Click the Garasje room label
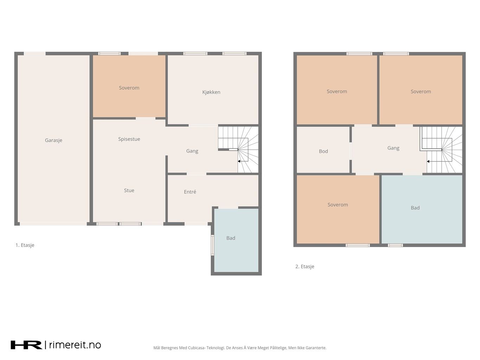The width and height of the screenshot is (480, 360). coord(53,140)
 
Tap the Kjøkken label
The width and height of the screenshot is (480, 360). coord(211,92)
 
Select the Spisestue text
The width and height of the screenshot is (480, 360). coord(129,139)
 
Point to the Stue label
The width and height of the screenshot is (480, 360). coord(129,191)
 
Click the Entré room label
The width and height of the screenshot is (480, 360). coord(190,192)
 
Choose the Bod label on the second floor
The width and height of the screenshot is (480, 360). coord(324,151)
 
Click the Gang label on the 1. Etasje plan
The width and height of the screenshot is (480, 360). coord(192,151)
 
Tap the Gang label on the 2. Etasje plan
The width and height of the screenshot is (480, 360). coord(393,148)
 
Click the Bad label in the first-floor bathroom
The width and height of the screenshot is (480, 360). coord(231,238)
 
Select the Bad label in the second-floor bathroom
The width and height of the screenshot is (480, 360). coord(415,208)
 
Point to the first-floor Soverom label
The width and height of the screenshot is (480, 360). coord(129,88)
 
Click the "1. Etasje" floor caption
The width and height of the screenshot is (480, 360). coord(25,245)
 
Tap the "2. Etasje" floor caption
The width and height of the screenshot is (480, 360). coord(305,266)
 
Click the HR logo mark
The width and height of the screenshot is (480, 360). coord(26,345)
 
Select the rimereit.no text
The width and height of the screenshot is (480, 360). coord(75,345)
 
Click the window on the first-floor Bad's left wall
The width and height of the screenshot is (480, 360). coord(212,245)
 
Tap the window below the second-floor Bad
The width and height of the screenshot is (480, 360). coord(395,245)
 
